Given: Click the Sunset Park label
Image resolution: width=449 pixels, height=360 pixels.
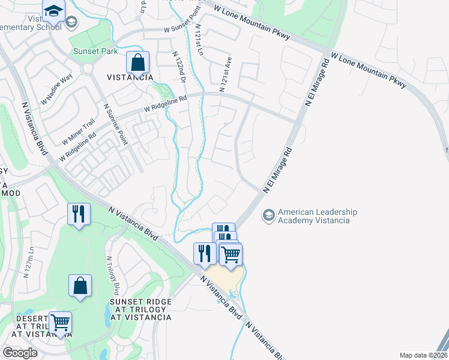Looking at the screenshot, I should pos(95,52).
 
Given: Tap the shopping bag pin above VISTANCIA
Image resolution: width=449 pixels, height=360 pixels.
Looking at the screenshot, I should pos(138,62).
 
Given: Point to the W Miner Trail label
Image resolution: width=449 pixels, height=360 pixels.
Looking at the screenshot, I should pos(79,131).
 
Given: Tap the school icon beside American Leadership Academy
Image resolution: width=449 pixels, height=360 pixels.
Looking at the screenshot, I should pos(268,214).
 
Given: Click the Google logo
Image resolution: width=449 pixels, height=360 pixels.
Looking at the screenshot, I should pos(20,352).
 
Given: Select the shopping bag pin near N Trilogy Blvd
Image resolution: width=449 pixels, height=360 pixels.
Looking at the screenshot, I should pos(80,287).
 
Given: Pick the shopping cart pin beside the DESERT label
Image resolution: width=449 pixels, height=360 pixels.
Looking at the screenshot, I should pos(59,323).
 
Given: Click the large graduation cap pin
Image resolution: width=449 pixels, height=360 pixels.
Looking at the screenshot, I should pos(53,11).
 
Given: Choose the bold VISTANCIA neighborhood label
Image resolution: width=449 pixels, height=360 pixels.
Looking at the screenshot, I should pos(130,77).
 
